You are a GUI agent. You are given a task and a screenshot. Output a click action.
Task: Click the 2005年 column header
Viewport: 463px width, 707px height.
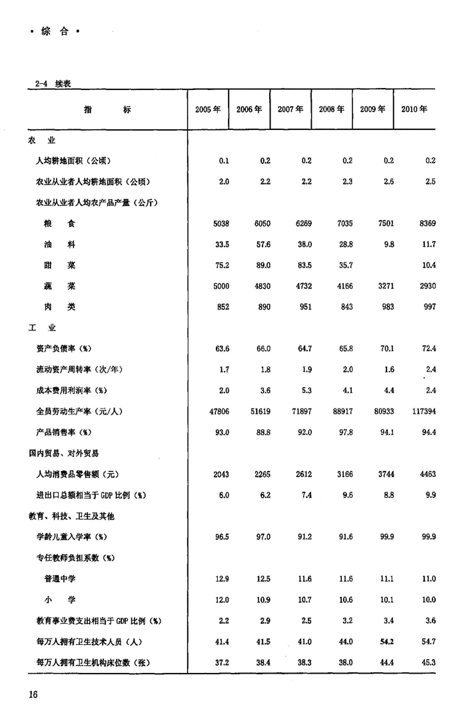point(208,109)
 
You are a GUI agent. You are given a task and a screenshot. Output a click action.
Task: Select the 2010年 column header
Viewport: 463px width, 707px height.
point(414,109)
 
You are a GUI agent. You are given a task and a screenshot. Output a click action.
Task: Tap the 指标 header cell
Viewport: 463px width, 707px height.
point(107,109)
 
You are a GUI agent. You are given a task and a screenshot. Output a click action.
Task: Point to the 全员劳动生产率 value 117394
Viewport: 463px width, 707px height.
point(423,412)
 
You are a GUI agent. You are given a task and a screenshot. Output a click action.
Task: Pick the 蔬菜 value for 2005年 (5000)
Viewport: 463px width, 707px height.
point(221,286)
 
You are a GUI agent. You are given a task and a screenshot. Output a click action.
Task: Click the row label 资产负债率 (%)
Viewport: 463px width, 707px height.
point(64,349)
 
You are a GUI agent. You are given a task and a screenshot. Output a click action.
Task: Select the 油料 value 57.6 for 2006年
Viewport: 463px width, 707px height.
point(262,245)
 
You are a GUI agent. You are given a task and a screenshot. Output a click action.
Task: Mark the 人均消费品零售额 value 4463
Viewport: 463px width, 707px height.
point(427,474)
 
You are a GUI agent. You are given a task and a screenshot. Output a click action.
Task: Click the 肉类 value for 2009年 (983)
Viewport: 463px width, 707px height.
point(386,307)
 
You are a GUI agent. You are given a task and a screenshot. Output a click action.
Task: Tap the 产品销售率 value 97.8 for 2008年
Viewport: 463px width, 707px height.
point(344,432)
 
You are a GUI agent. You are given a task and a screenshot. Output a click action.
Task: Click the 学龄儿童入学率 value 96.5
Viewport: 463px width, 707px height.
point(222,536)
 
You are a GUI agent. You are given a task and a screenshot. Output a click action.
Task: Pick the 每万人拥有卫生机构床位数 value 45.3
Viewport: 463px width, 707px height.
point(428,662)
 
